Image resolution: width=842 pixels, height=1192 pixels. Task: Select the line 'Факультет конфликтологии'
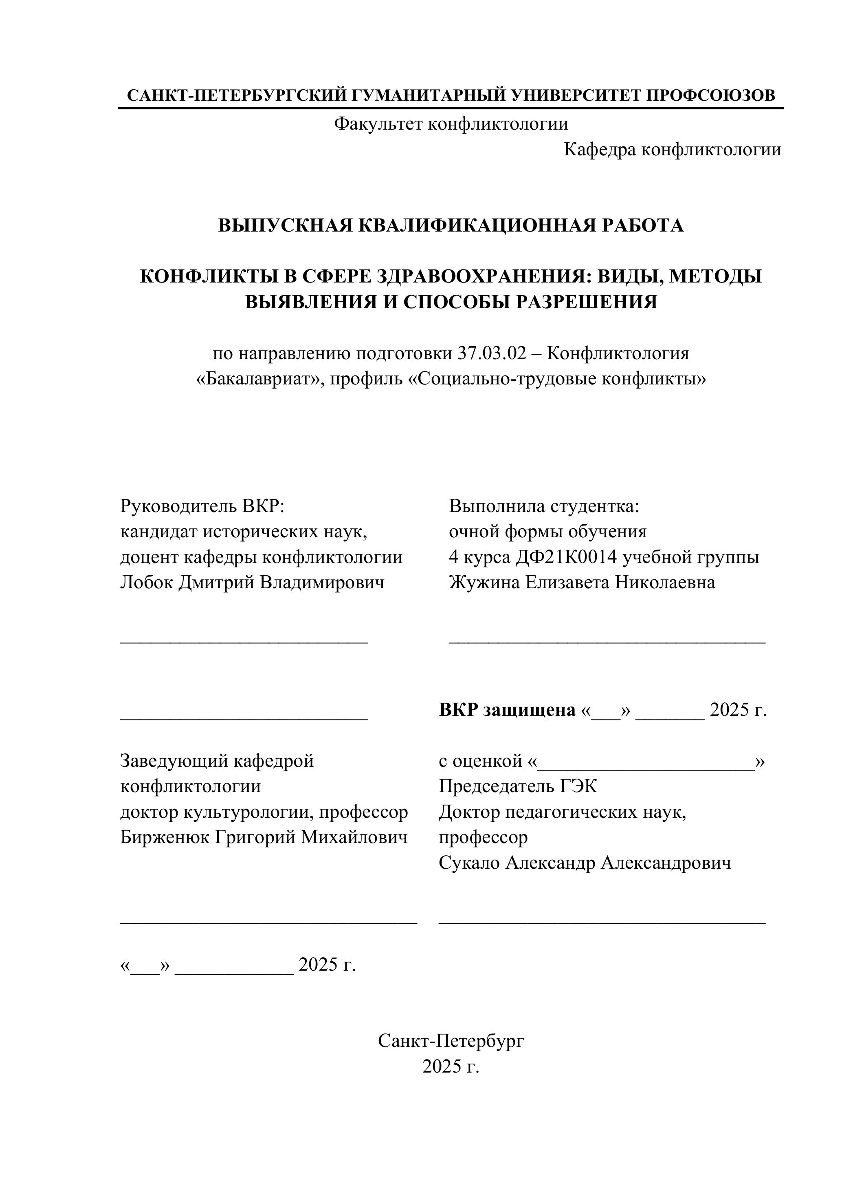[451, 124]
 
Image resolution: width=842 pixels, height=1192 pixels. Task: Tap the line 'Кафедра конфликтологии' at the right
[673, 150]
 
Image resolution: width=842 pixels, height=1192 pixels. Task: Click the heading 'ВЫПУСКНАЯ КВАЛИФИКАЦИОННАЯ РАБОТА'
[451, 225]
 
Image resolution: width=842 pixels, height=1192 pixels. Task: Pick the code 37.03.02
[492, 353]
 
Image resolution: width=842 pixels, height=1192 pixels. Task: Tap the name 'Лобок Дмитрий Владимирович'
[252, 582]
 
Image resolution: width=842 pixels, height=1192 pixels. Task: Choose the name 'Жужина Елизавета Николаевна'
[582, 582]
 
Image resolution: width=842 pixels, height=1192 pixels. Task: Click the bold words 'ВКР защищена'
[507, 709]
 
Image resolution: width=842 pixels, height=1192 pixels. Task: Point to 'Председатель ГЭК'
[518, 786]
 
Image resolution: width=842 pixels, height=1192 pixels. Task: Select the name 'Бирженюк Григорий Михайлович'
[264, 837]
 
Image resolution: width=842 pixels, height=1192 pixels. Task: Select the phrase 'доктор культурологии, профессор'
[264, 812]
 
